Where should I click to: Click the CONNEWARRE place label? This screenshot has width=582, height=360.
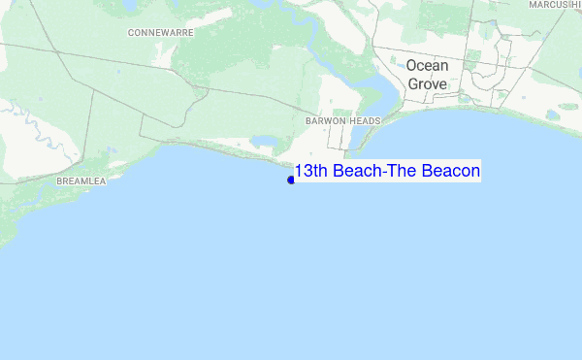click(x=161, y=32)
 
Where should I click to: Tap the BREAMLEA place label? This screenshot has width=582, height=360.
click(x=81, y=181)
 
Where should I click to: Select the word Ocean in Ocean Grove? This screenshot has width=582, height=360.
click(x=427, y=66)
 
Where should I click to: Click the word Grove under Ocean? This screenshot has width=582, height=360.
click(x=427, y=84)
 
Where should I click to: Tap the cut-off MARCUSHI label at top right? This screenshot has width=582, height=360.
click(x=555, y=5)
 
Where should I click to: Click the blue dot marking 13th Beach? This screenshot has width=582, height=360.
click(x=291, y=180)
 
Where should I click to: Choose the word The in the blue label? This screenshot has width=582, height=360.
click(x=403, y=172)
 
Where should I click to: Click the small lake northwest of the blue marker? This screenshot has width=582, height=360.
click(x=262, y=142)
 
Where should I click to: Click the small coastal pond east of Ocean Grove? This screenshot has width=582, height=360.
click(x=553, y=114)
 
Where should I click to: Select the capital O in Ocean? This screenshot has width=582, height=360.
click(x=412, y=66)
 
